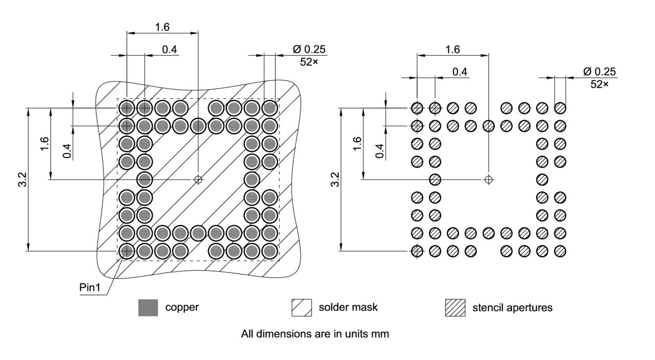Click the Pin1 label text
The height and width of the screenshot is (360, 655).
(x=92, y=287)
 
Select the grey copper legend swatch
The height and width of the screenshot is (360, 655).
(x=148, y=308)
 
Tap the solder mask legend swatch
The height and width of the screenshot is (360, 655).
(x=301, y=308)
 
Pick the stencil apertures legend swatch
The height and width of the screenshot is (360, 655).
(x=455, y=308)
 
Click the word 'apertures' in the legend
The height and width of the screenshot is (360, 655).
(x=528, y=308)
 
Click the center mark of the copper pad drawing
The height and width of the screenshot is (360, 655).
(x=199, y=180)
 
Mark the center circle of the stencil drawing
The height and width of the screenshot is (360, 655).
(x=489, y=179)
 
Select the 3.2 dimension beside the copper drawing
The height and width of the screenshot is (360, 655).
(x=23, y=180)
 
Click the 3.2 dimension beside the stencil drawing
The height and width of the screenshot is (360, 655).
(x=335, y=180)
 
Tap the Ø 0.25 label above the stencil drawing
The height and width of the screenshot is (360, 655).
(x=599, y=71)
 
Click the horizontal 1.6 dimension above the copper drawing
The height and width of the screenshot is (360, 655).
(x=162, y=27)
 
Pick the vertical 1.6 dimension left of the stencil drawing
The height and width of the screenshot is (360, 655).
(x=358, y=144)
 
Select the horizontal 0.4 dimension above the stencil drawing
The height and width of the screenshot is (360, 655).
(x=460, y=72)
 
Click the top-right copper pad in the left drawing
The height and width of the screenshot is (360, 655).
(x=270, y=108)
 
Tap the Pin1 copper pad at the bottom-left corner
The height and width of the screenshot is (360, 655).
(x=126, y=251)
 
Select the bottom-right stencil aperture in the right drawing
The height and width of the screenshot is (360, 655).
(x=560, y=251)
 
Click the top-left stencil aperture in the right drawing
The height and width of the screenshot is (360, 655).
(x=417, y=108)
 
